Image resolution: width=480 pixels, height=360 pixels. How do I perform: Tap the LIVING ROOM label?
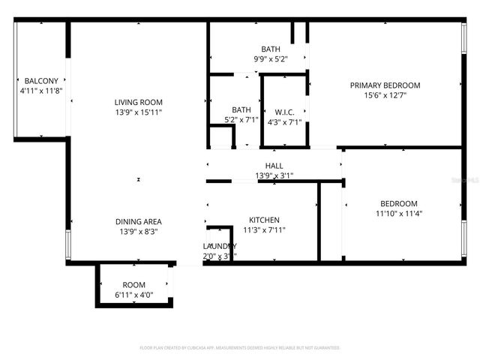(x=138, y=102)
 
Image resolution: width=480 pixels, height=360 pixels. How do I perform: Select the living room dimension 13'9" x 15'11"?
(x=138, y=112)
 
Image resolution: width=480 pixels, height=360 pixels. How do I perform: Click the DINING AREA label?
(x=138, y=221)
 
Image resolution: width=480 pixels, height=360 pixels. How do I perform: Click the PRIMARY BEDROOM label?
(x=385, y=85)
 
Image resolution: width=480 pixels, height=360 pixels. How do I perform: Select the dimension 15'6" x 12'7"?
(x=385, y=94)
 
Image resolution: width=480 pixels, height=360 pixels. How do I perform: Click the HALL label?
(x=274, y=166)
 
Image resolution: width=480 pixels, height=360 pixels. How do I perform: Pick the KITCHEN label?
(x=264, y=220)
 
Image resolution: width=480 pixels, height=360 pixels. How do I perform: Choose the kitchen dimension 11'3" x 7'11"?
(x=264, y=229)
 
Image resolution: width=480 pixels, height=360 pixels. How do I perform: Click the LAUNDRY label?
(x=220, y=246)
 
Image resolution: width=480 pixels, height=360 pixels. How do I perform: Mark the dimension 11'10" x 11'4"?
(x=398, y=213)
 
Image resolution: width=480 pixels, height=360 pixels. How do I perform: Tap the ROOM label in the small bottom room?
(x=133, y=285)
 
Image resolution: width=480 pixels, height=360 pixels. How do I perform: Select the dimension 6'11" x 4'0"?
(x=133, y=295)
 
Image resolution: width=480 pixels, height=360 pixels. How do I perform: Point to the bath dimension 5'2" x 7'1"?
(x=241, y=118)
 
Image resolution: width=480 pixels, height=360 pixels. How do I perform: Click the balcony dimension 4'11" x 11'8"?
(x=42, y=90)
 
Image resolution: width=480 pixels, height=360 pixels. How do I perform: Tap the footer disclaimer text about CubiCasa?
(x=240, y=347)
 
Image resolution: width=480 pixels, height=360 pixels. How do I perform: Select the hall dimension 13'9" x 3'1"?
(x=274, y=175)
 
